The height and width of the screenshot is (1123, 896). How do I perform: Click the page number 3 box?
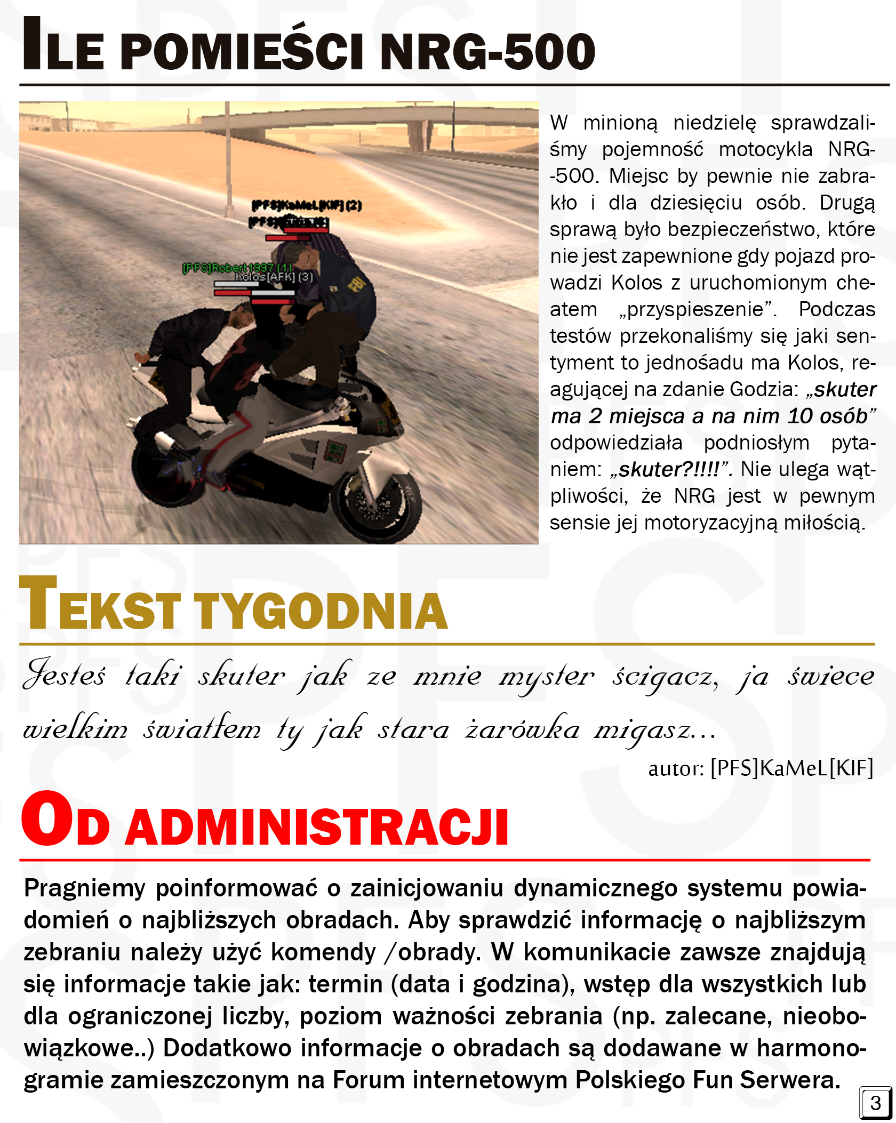tap(875, 1102)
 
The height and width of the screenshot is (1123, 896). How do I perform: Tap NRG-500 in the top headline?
tap(487, 52)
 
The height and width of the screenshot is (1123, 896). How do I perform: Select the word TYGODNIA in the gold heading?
tap(320, 611)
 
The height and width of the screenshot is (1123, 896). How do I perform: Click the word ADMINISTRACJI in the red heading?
tap(317, 827)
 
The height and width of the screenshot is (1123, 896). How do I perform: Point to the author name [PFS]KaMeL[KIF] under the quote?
tap(791, 768)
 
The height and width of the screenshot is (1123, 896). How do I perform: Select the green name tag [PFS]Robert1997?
tap(237, 268)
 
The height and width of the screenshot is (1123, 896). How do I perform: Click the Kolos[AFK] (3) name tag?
tap(274, 277)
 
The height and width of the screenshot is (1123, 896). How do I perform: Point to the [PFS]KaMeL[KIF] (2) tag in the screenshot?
tap(307, 205)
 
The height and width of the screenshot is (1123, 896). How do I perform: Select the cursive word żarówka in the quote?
tap(522, 729)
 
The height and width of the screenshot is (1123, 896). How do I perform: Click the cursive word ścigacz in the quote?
tap(665, 677)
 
